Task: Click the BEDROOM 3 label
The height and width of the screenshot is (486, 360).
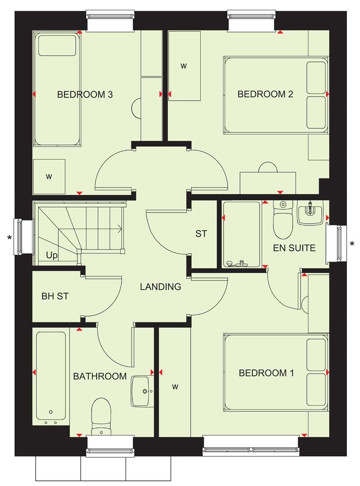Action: click(85, 95)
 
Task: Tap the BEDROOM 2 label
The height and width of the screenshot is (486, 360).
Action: click(265, 94)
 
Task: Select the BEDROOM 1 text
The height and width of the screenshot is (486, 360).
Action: click(266, 373)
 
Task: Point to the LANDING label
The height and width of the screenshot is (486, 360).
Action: click(161, 287)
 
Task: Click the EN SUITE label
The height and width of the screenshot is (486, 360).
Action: click(294, 248)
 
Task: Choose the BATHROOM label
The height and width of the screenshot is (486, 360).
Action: click(100, 376)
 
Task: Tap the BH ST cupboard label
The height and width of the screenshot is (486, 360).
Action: click(55, 296)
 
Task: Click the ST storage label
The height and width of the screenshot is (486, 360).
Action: click(201, 234)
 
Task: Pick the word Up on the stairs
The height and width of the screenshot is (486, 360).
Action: click(52, 255)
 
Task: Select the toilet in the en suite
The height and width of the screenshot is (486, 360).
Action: click(283, 219)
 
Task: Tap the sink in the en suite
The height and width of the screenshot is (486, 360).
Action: click(310, 212)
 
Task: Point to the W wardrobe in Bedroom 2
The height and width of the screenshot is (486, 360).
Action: click(184, 66)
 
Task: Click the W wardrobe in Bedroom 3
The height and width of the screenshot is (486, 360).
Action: click(49, 177)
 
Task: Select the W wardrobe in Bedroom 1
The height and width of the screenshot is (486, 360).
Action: click(175, 387)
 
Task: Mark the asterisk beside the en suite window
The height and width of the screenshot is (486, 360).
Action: click(352, 244)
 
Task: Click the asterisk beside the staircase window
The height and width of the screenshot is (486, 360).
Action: click(9, 237)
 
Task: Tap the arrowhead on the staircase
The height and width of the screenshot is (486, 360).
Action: click(120, 229)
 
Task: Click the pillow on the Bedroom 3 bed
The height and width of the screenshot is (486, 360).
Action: click(57, 45)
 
